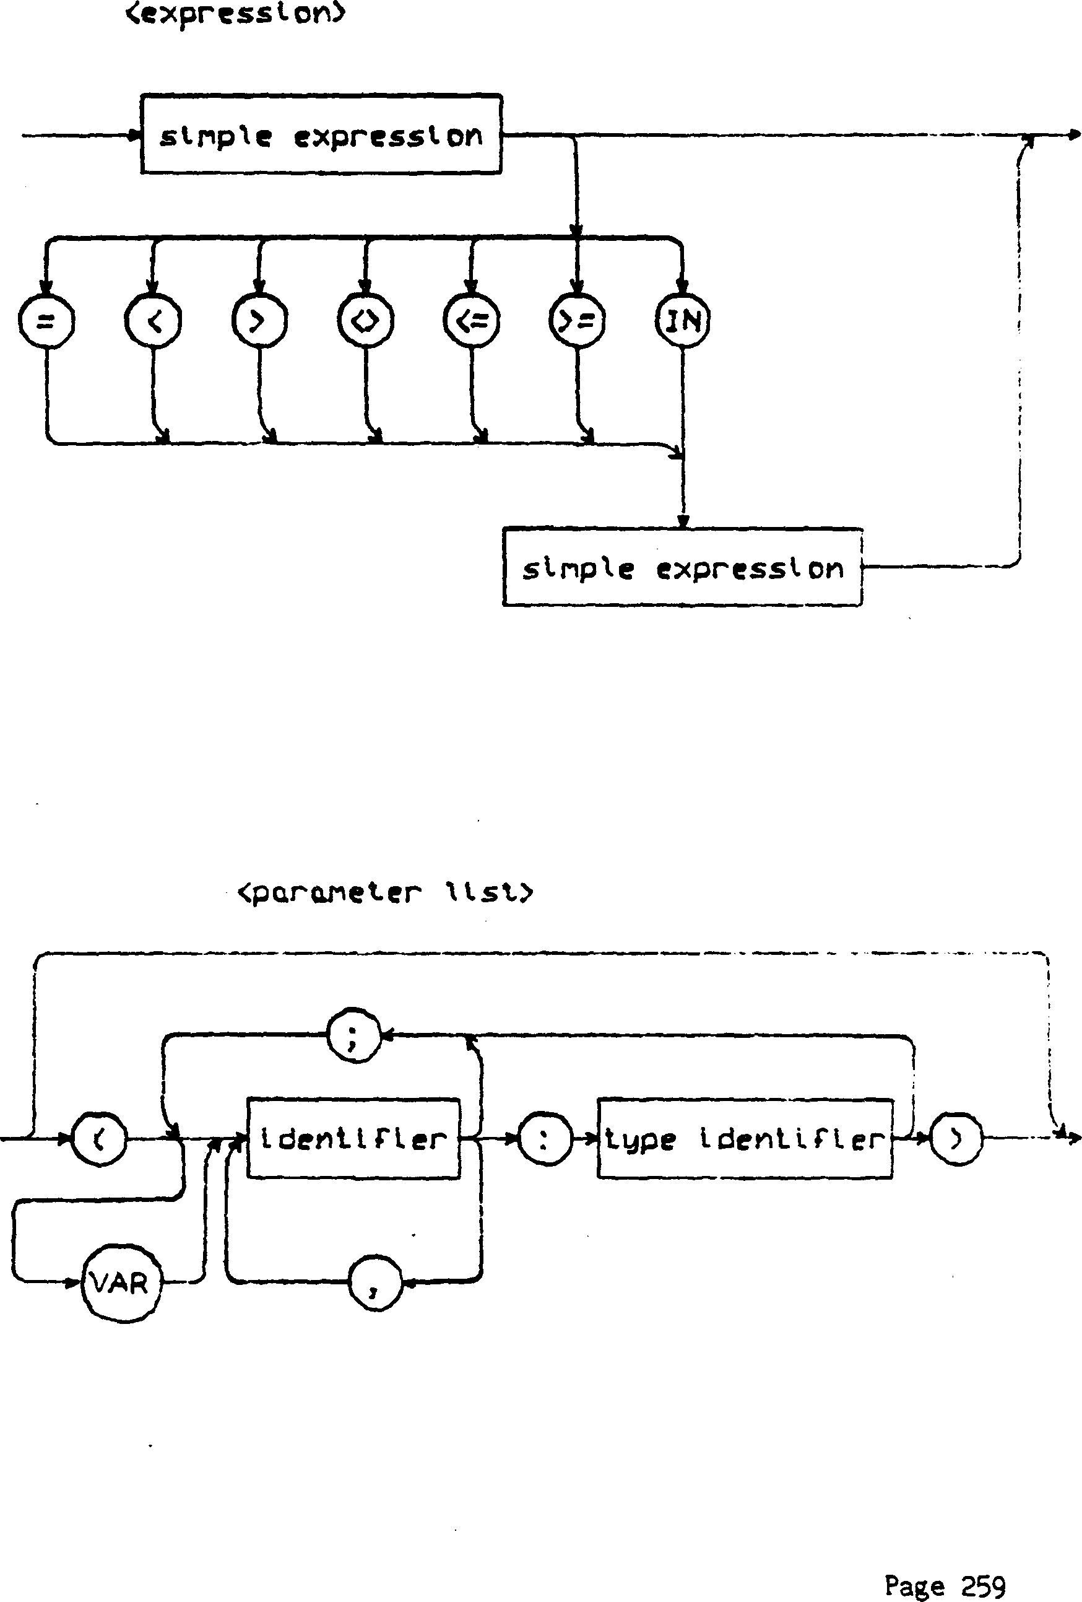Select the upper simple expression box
[321, 134]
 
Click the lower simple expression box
[682, 567]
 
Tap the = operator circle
[46, 321]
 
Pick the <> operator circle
[365, 321]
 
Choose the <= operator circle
[472, 321]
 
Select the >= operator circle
[578, 321]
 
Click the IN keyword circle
[682, 321]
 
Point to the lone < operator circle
[153, 321]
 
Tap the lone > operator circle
[259, 321]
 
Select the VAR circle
[121, 1283]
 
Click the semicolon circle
[353, 1036]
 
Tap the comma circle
[375, 1283]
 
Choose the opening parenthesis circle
[100, 1139]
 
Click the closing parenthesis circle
[956, 1139]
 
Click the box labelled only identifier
[353, 1139]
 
